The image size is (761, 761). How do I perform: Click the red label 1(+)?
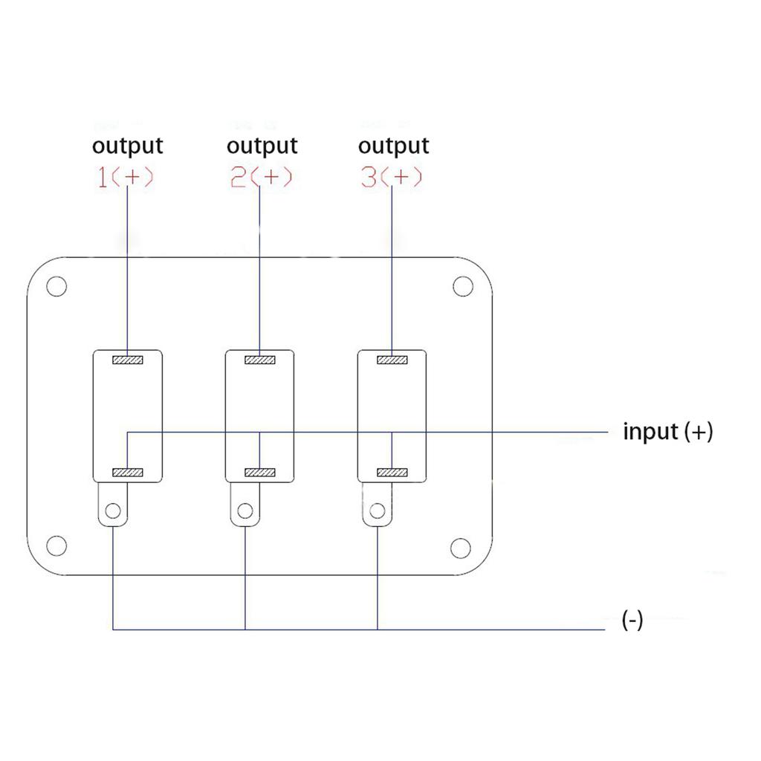(125, 177)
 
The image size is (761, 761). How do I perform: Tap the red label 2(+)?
(261, 177)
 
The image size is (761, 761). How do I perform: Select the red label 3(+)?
(391, 177)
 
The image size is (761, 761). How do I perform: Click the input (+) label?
(668, 432)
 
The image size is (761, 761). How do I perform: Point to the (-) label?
(632, 620)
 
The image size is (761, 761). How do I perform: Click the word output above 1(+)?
(128, 146)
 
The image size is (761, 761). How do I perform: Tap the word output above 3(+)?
(394, 146)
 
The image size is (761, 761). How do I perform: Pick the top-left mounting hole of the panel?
(56, 286)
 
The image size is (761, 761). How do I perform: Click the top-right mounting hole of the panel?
(463, 286)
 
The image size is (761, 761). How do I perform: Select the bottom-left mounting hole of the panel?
(56, 546)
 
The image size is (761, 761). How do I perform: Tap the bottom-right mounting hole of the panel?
(461, 548)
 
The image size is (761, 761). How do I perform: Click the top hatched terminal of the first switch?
(128, 360)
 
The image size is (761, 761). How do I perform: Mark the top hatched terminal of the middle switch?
(259, 360)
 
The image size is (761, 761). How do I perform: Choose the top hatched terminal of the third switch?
(392, 360)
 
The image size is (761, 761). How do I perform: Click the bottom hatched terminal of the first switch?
(128, 473)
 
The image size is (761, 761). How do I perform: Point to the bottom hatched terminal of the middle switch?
(259, 473)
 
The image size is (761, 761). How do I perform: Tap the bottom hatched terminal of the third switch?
(392, 473)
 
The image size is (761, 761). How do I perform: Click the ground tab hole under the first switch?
(113, 511)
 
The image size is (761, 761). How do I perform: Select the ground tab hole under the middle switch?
(245, 511)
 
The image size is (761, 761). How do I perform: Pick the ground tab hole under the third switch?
(377, 511)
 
